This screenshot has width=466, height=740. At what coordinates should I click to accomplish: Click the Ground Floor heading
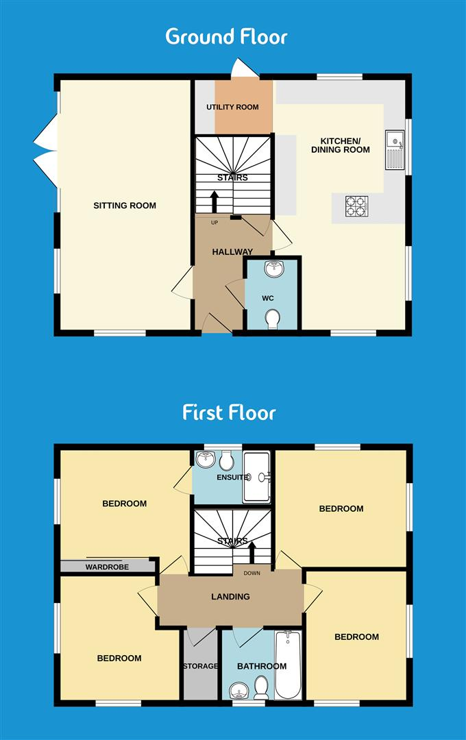pyautogui.click(x=226, y=36)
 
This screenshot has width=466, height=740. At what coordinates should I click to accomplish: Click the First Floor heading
pyautogui.click(x=229, y=412)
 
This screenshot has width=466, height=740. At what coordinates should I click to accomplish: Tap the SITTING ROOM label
pyautogui.click(x=125, y=206)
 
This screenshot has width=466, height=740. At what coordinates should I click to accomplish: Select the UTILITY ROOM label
pyautogui.click(x=233, y=108)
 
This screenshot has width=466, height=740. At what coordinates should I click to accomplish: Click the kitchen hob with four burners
pyautogui.click(x=356, y=205)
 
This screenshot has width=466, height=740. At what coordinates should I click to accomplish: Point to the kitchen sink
pyautogui.click(x=395, y=149)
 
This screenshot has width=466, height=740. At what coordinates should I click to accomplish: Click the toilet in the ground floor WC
pyautogui.click(x=272, y=318)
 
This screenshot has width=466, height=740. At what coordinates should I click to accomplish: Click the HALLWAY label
pyautogui.click(x=232, y=252)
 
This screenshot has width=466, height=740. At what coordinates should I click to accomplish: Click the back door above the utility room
pyautogui.click(x=243, y=69)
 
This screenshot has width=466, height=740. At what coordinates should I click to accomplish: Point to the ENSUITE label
pyautogui.click(x=232, y=478)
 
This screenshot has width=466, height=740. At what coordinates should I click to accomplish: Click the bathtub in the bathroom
pyautogui.click(x=288, y=665)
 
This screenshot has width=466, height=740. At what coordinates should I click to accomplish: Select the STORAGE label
pyautogui.click(x=200, y=666)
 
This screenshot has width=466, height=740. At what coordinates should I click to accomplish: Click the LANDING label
pyautogui.click(x=230, y=597)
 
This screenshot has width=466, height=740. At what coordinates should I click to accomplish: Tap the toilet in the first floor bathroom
pyautogui.click(x=261, y=687)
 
